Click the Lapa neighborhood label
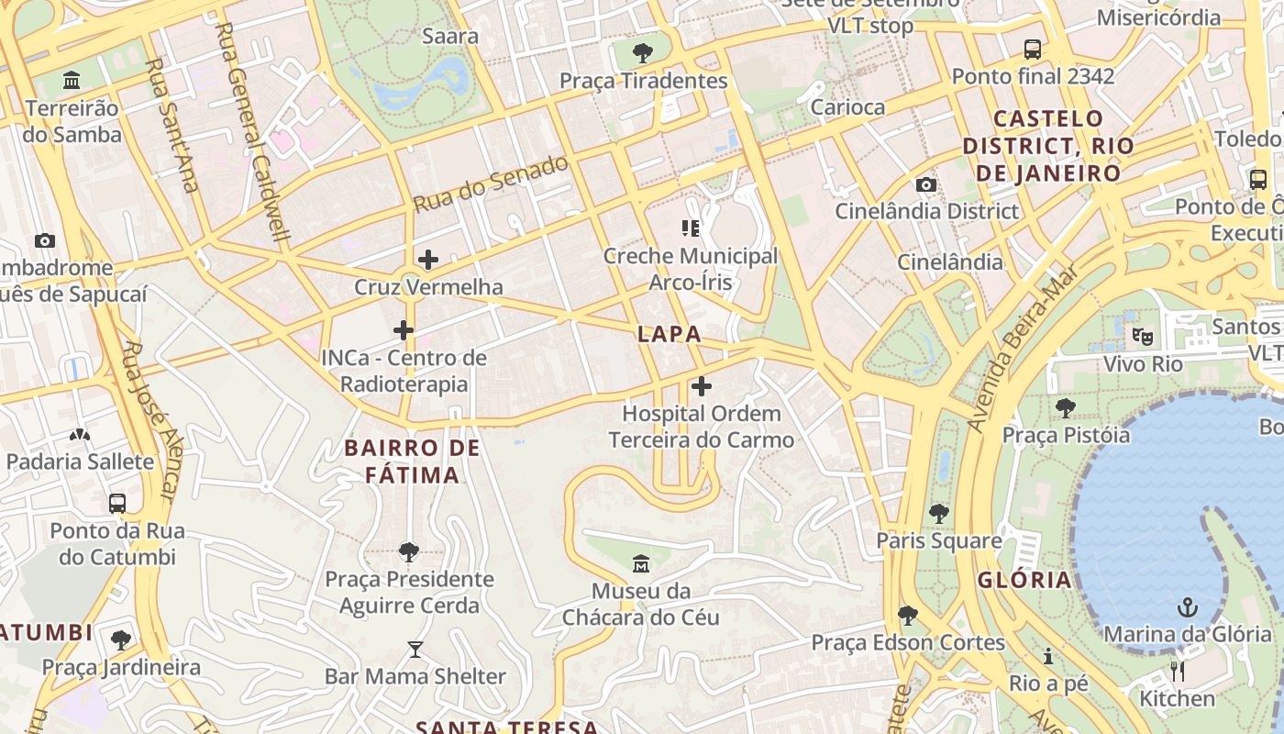tap(670, 335)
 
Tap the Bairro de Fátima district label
tap(412, 462)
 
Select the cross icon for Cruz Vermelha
tap(428, 260)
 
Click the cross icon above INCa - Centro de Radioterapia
tap(404, 330)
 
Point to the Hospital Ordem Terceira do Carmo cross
tap(702, 386)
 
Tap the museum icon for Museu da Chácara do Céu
tap(641, 562)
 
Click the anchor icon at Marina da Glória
tap(1188, 606)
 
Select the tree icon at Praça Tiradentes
tap(644, 52)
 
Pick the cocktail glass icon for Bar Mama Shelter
tap(415, 650)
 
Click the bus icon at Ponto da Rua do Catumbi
tap(117, 503)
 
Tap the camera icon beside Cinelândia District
tap(926, 184)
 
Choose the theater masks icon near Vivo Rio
tap(1142, 337)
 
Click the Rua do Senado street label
tap(491, 184)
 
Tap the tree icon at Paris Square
tap(938, 514)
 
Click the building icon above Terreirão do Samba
tap(72, 81)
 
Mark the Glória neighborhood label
tap(1024, 580)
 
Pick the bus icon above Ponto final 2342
tap(1033, 49)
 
